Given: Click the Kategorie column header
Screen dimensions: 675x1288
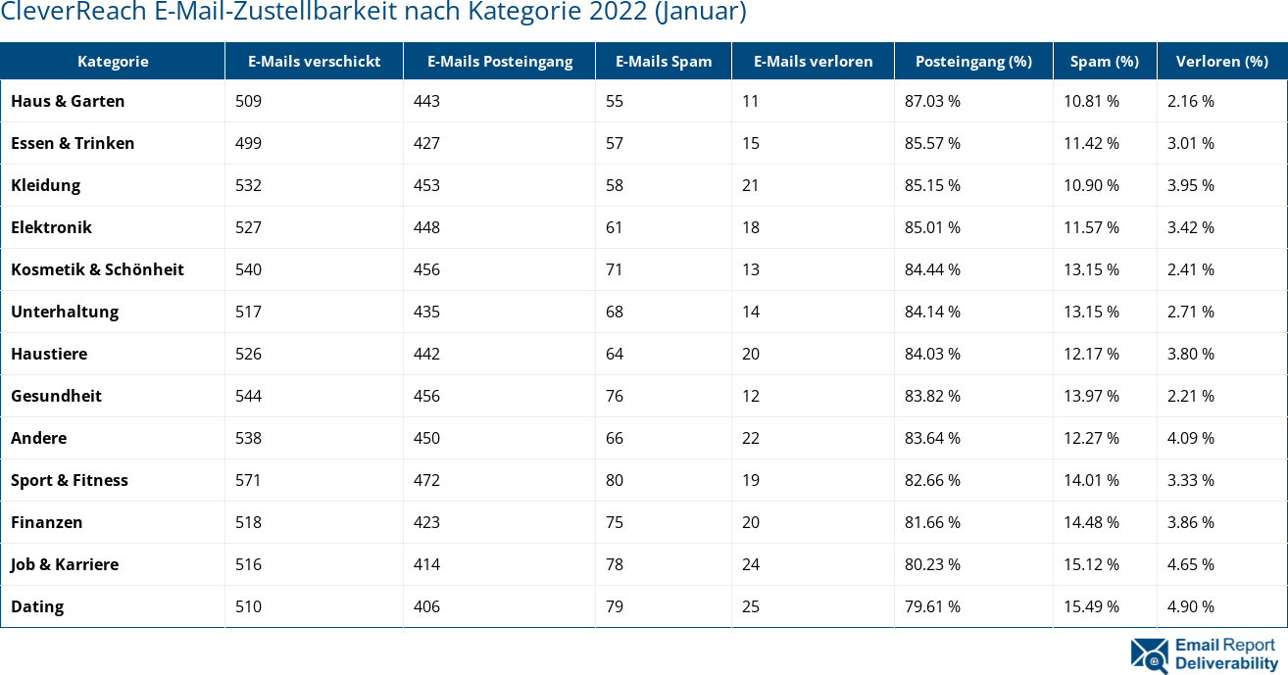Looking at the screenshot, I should click(x=113, y=61).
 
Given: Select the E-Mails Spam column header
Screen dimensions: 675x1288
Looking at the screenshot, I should click(x=664, y=61).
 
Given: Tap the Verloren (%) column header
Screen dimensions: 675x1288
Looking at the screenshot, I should click(x=1221, y=61).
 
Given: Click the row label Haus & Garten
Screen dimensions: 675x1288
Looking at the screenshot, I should click(x=68, y=101).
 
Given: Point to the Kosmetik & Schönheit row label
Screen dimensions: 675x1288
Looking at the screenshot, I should click(x=97, y=269).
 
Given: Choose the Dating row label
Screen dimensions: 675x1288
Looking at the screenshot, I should click(x=37, y=606).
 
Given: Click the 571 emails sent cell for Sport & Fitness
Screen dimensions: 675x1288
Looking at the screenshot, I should click(x=248, y=480).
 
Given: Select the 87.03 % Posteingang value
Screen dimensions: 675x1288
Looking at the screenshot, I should click(x=932, y=101).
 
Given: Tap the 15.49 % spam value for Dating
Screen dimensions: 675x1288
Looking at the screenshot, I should click(x=1091, y=606).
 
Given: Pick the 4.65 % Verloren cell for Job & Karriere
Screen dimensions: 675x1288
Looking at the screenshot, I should click(x=1190, y=564).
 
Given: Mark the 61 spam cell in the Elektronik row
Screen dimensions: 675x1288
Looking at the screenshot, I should click(x=615, y=227).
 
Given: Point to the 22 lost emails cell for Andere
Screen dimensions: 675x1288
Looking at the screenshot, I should click(x=751, y=438).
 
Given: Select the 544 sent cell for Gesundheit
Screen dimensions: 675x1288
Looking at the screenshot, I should click(x=248, y=396).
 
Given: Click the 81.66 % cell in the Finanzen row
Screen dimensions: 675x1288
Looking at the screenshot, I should click(x=932, y=522).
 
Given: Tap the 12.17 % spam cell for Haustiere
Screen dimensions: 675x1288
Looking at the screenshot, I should click(x=1091, y=354).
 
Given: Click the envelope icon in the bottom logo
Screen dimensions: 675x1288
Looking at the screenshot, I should click(x=1149, y=654).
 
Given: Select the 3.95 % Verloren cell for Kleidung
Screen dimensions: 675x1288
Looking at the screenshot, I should click(x=1190, y=185).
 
